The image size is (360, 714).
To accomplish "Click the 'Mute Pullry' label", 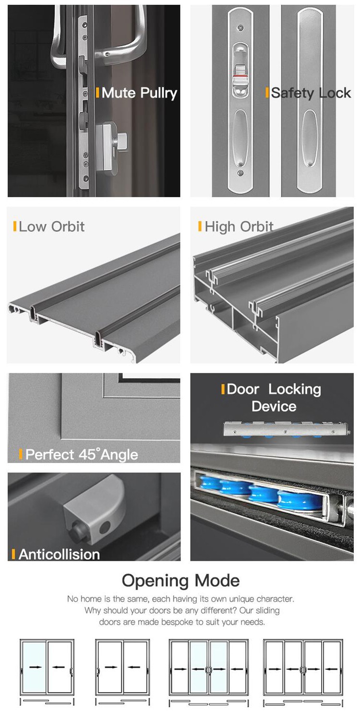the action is click(x=139, y=93).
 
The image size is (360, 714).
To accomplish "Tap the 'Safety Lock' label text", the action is click(x=311, y=93).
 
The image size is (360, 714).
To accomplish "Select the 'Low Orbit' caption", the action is click(x=52, y=226).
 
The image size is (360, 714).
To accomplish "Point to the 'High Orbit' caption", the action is click(x=239, y=226).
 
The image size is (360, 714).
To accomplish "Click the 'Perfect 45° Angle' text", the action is click(x=82, y=454).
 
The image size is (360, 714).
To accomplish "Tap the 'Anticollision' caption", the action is click(x=60, y=554).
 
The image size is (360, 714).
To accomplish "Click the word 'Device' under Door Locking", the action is click(x=274, y=406).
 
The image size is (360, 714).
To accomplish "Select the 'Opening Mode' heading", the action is click(x=180, y=580).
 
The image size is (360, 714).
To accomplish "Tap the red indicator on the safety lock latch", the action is click(x=241, y=76).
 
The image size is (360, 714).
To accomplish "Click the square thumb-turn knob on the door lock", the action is click(x=122, y=139).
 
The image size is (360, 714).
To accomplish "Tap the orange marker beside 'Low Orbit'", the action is click(x=15, y=226).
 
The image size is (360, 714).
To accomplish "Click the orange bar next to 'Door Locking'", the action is click(x=223, y=389).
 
